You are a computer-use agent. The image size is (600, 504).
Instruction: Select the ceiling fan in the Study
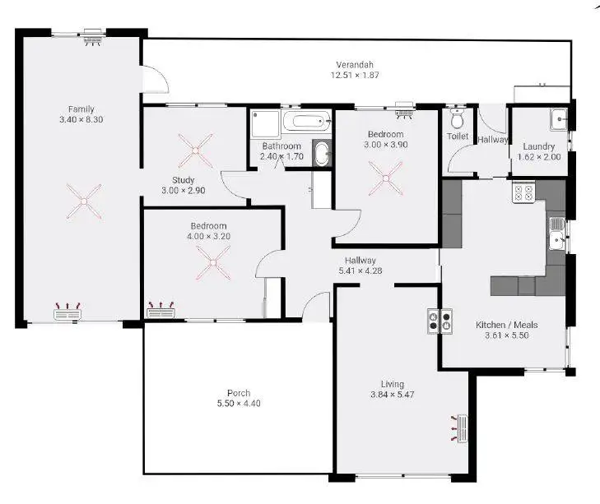(195, 150)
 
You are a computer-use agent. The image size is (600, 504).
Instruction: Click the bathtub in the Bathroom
(305, 124)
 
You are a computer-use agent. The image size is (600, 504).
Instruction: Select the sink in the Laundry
(560, 118)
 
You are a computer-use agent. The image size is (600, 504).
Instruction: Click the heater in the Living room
(463, 428)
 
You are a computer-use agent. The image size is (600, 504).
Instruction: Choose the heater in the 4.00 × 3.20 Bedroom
(161, 310)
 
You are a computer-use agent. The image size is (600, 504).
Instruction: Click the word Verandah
(355, 65)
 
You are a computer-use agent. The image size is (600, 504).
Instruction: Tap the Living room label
(392, 384)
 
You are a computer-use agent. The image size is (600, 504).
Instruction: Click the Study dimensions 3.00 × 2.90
(183, 192)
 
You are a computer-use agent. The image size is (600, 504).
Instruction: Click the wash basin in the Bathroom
(321, 154)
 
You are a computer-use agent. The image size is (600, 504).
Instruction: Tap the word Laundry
(539, 147)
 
